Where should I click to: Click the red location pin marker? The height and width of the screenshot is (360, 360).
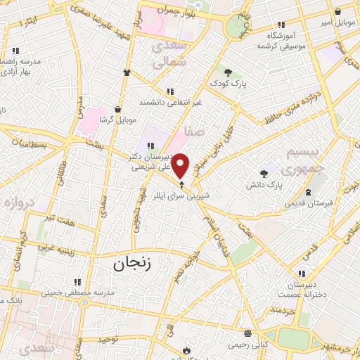click(x=181, y=165)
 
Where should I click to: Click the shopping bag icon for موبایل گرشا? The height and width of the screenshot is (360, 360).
click(x=117, y=109)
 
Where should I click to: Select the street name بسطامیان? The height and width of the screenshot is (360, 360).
click(x=25, y=144)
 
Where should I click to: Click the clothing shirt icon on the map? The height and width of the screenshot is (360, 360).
click(x=127, y=72)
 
